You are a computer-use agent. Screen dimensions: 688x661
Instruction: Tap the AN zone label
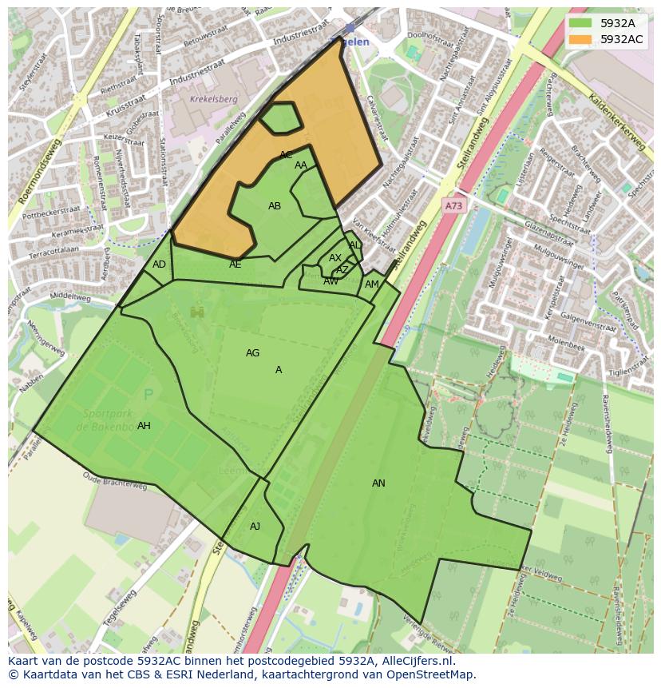click(x=378, y=483)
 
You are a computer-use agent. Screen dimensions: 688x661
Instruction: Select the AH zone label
click(x=144, y=426)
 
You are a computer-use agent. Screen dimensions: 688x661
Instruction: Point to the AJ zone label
click(x=255, y=527)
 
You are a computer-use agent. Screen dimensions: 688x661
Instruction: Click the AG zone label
click(x=252, y=353)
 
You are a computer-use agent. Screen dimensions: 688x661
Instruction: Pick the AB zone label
click(x=275, y=206)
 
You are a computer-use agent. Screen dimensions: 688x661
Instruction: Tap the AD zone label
click(x=159, y=264)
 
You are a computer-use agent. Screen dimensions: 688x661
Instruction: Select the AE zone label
click(x=236, y=264)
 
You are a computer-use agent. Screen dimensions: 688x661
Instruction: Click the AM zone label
click(x=372, y=284)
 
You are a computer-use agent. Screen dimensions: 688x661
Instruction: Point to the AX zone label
click(x=335, y=258)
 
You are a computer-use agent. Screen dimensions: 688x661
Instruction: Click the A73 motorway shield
click(x=453, y=206)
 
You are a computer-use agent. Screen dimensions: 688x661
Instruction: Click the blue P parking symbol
click(x=148, y=395)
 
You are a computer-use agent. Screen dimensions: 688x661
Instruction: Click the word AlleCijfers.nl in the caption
click(x=414, y=662)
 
